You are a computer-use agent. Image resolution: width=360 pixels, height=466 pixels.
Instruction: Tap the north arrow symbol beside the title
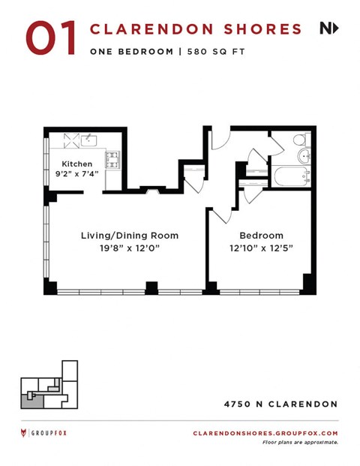tap(328, 29)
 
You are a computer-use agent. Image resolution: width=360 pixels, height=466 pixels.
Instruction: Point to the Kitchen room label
tap(77, 164)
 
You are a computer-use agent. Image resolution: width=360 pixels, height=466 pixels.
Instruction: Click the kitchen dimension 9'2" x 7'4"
tap(77, 175)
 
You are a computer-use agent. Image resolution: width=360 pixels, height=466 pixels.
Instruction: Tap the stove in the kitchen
tap(112, 158)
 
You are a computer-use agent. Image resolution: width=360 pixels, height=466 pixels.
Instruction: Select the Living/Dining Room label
tap(129, 235)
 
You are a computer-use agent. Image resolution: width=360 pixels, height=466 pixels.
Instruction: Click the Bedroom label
tap(261, 235)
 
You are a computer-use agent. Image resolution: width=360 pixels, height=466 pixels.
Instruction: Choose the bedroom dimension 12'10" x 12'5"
tap(261, 247)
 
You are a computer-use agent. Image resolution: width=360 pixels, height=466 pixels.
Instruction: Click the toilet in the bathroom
tap(299, 140)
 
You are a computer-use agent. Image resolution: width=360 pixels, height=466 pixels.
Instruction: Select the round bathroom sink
tap(304, 156)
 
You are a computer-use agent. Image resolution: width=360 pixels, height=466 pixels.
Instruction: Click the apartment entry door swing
tap(220, 140)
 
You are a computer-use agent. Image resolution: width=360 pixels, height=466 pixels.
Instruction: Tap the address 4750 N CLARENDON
tap(280, 404)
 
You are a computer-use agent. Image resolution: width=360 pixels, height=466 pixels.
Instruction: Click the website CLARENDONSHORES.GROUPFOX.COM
tap(265, 433)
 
